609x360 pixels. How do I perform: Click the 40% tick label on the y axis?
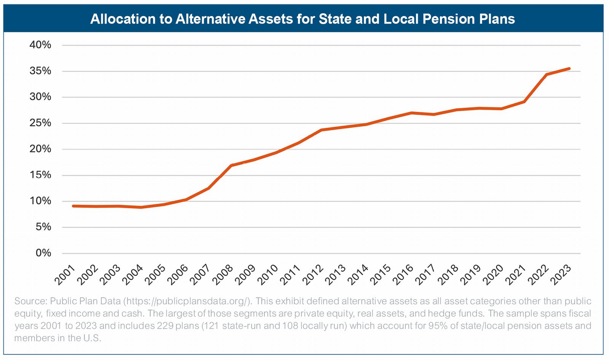click(x=40, y=45)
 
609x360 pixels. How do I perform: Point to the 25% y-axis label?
click(x=40, y=123)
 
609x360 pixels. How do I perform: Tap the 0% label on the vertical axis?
click(x=43, y=253)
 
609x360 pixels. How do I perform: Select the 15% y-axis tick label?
click(x=40, y=175)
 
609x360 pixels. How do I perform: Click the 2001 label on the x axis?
click(x=65, y=275)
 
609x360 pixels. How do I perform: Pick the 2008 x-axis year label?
click(x=223, y=275)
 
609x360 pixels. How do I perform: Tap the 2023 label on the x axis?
click(x=561, y=275)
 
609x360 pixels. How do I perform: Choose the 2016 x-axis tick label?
click(x=403, y=275)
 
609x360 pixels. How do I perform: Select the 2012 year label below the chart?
click(x=313, y=275)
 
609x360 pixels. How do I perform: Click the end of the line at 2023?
click(x=569, y=68)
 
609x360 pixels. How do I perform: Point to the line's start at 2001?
click(x=73, y=206)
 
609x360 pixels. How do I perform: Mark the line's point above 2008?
click(x=231, y=166)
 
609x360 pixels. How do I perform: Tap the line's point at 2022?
click(x=547, y=75)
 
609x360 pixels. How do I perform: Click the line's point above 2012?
click(x=321, y=130)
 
